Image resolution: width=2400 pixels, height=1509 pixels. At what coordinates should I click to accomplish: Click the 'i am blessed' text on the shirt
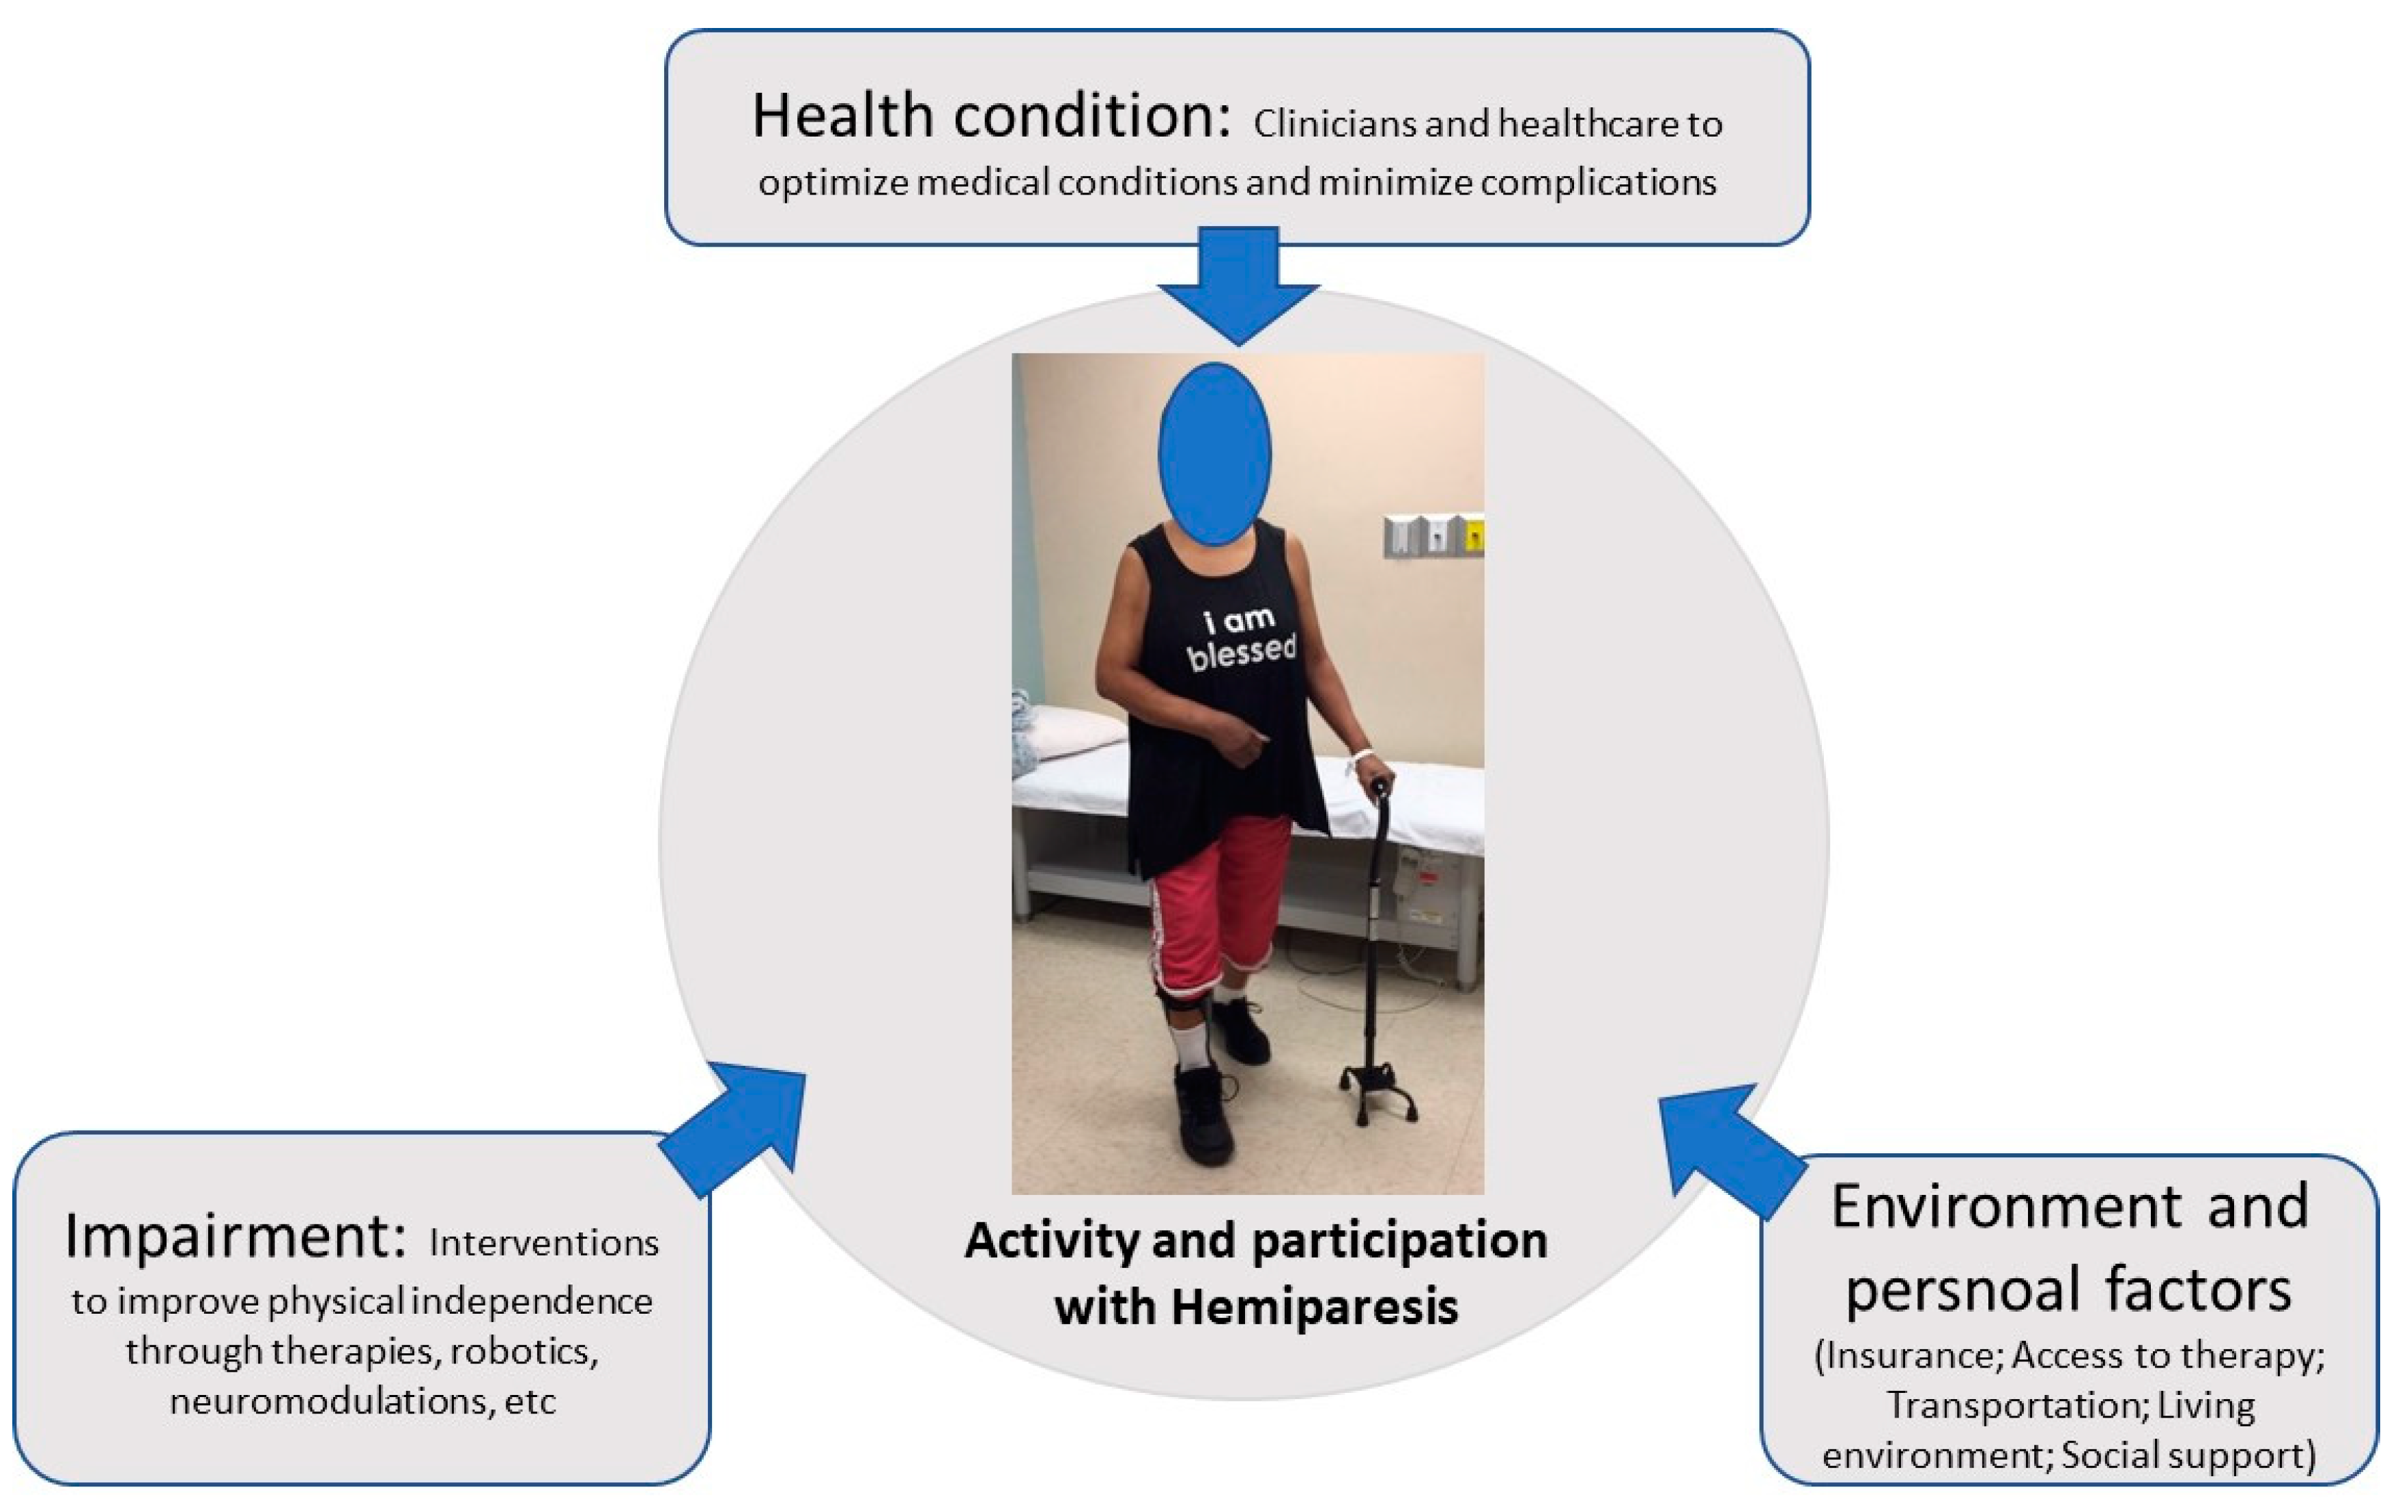click(x=1241, y=638)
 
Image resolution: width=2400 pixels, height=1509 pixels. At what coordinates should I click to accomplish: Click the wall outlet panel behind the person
click(x=1432, y=535)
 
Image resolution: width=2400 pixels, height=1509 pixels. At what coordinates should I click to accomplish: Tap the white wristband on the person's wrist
click(x=1360, y=757)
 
